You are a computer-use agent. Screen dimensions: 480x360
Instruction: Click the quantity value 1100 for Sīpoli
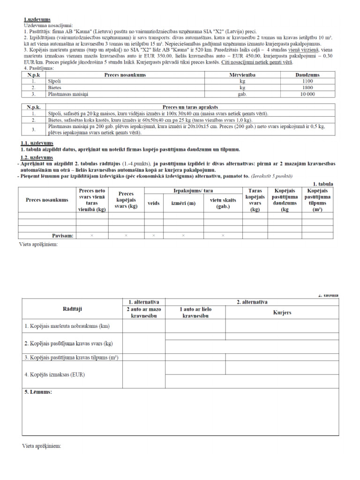click(307, 81)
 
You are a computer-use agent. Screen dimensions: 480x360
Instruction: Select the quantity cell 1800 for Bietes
click(307, 87)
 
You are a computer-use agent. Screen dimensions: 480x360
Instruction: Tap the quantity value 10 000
click(307, 94)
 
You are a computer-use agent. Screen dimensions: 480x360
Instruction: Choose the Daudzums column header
click(307, 75)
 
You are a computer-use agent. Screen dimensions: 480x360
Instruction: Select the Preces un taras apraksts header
click(190, 107)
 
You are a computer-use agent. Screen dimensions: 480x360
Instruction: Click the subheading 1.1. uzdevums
click(37, 143)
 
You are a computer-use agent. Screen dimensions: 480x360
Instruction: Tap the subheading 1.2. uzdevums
click(37, 157)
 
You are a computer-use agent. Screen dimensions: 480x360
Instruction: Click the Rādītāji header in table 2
click(72, 309)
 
